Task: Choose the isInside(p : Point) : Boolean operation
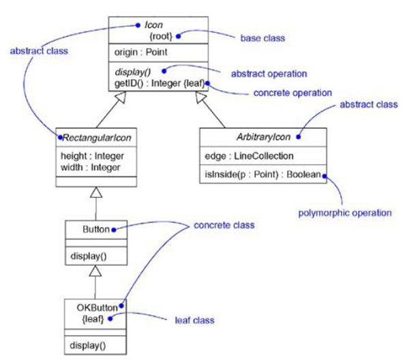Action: [x=262, y=175]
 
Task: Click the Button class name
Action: [x=95, y=230]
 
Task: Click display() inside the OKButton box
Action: [x=87, y=346]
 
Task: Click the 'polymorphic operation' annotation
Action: [x=346, y=213]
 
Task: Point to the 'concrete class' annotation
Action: [x=224, y=225]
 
